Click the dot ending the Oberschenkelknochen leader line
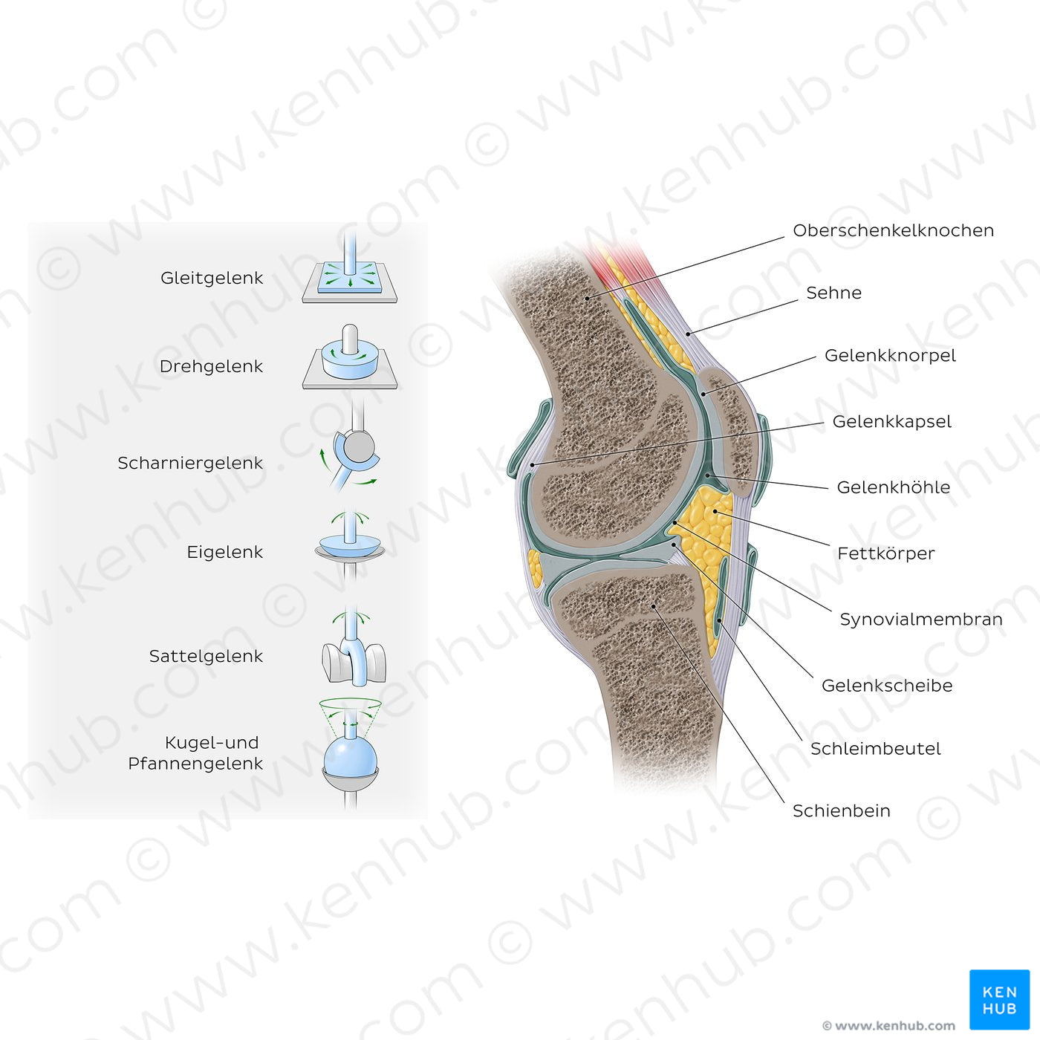(587, 297)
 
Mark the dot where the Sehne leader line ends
(688, 334)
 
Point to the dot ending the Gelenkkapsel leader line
(532, 465)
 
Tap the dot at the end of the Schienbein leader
(654, 607)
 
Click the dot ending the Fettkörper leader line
(715, 511)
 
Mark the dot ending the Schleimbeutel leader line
(719, 620)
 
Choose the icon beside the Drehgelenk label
(350, 357)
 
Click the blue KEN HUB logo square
(1000, 1000)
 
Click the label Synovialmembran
(920, 619)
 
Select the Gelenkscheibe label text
(887, 686)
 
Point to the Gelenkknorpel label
(890, 356)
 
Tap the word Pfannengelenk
(195, 764)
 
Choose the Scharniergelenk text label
(190, 463)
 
